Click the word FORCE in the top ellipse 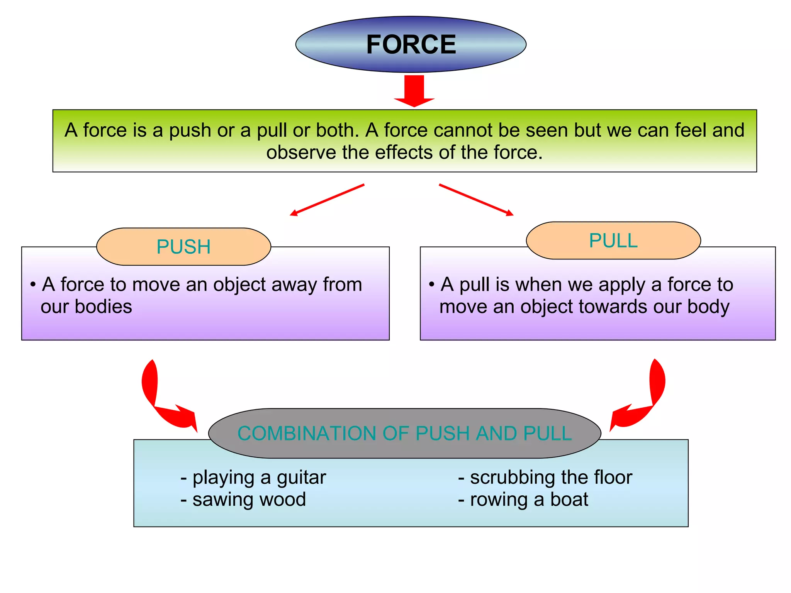[411, 44]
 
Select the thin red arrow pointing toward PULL [476, 200]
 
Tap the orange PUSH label [183, 247]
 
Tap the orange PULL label [613, 241]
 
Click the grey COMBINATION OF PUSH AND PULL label [404, 433]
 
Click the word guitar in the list [301, 478]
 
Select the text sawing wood [249, 500]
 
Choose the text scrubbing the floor [551, 478]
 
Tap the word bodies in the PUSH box [103, 307]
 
